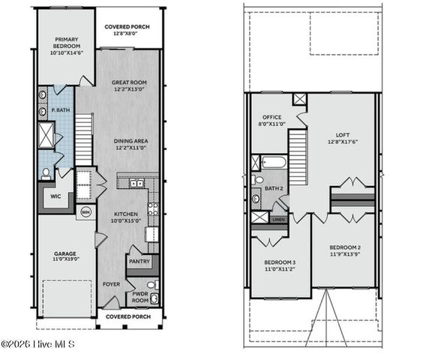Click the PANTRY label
tap(139, 262)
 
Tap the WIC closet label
tap(55, 196)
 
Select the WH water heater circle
tap(85, 211)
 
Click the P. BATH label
tap(60, 110)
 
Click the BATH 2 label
tap(273, 188)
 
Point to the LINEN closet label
tap(277, 219)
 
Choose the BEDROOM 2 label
tap(346, 247)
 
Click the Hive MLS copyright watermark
tap(37, 344)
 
